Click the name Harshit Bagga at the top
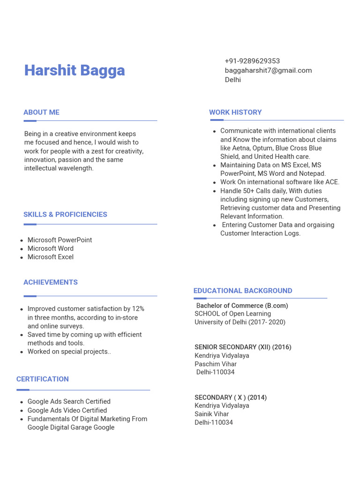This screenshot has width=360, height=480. [x=75, y=70]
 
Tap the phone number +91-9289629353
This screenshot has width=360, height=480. [x=252, y=61]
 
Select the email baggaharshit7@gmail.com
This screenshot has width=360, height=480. [x=268, y=70]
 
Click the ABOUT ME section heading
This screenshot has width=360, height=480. [x=41, y=112]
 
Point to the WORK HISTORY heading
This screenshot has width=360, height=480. [x=235, y=112]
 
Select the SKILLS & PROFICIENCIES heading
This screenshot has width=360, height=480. [x=65, y=214]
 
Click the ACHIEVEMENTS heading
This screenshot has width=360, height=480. [x=51, y=282]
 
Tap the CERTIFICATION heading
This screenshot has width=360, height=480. [x=43, y=379]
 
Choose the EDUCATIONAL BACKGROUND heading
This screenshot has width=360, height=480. [x=243, y=291]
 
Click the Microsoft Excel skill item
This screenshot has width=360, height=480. [x=50, y=257]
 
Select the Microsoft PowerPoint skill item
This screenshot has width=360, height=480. [x=60, y=240]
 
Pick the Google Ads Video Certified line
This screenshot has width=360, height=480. [x=67, y=410]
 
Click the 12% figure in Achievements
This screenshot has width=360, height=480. [x=138, y=309]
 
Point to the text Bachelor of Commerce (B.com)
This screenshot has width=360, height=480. [x=242, y=306]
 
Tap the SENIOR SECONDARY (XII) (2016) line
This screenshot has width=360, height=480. [x=243, y=347]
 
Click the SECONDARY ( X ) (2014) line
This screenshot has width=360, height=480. [x=231, y=397]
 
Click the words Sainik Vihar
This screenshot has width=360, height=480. [x=212, y=414]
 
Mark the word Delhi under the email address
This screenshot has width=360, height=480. [x=232, y=80]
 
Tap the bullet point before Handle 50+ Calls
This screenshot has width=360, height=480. [x=214, y=191]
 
